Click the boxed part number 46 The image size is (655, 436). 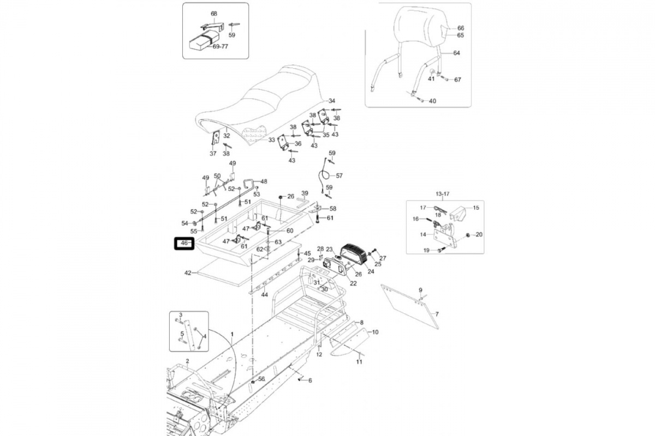click(184, 244)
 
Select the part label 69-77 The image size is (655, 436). click(220, 46)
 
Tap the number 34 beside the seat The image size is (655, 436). click(332, 101)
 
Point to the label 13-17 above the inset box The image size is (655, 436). click(443, 194)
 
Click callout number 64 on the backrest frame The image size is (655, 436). click(456, 53)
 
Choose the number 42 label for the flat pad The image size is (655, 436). click(188, 272)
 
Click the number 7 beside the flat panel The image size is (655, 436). click(437, 314)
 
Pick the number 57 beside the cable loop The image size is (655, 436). click(339, 176)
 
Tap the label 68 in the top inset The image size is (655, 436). click(214, 14)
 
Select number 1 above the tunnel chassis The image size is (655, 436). click(232, 334)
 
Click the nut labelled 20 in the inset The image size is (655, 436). click(468, 235)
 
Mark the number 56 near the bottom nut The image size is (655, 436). click(261, 379)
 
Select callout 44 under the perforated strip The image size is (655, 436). click(264, 295)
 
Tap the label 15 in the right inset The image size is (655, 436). click(476, 208)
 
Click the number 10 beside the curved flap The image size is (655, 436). click(375, 332)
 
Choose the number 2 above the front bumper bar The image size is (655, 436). click(187, 361)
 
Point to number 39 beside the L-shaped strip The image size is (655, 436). click(305, 193)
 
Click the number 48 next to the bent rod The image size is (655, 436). click(264, 181)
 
